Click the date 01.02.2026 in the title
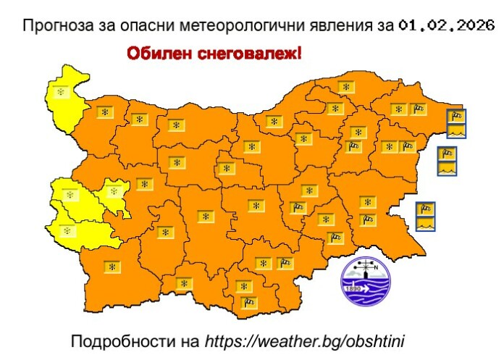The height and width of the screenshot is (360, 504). [x=446, y=26]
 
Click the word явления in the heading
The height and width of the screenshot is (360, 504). [x=328, y=27]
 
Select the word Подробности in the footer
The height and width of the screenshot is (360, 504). [x=118, y=340]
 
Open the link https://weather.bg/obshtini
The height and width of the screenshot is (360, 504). [x=308, y=340]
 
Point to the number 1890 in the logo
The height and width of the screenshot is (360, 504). [x=355, y=288]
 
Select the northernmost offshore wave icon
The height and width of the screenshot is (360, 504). [x=455, y=131]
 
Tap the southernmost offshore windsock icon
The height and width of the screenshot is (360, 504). [x=427, y=209]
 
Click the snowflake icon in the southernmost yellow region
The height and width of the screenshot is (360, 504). [x=67, y=230]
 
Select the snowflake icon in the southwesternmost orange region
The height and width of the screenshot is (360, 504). [x=112, y=267]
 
